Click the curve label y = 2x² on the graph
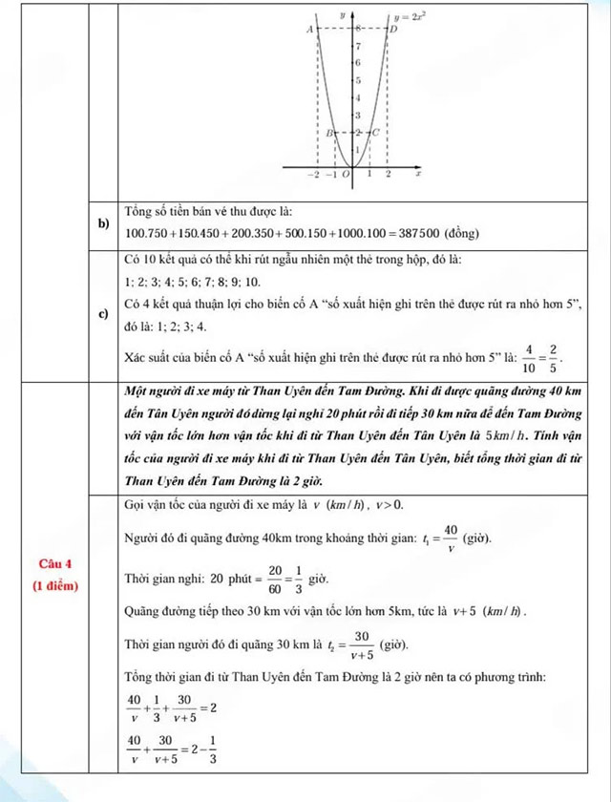411,17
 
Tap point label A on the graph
309,31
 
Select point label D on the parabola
391,31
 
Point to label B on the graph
329,133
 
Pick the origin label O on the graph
347,177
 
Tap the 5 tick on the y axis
358,80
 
